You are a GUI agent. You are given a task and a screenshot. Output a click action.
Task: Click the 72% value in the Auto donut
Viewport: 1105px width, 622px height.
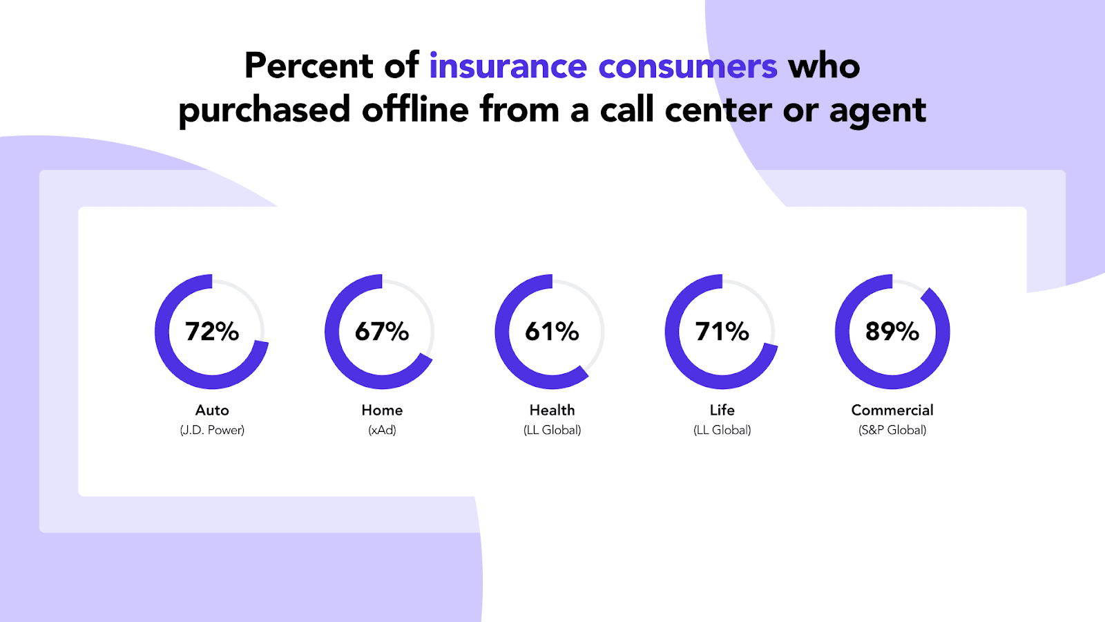[212, 331]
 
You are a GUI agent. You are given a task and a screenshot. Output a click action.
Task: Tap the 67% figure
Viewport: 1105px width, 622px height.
[382, 331]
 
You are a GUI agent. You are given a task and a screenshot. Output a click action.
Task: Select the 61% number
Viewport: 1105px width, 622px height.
[552, 331]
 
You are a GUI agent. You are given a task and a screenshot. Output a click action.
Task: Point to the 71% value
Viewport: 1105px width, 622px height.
[722, 331]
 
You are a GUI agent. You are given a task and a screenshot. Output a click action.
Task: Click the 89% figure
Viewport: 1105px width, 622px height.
[892, 331]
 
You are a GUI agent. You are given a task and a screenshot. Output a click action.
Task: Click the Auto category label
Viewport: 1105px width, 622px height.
[212, 411]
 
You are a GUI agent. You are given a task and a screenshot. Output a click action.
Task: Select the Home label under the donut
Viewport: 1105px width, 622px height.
[382, 411]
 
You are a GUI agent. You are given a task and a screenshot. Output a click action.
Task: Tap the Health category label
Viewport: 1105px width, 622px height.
[552, 411]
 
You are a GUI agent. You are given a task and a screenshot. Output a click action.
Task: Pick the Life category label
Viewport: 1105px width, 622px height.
[722, 411]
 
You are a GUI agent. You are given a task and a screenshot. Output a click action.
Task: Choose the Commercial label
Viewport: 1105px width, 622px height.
[892, 411]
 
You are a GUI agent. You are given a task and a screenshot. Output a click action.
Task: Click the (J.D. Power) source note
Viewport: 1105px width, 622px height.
[212, 431]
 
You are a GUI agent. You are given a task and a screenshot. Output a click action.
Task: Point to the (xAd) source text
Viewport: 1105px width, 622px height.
[382, 431]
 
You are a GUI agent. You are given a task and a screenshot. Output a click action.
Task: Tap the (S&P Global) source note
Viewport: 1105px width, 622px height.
[892, 431]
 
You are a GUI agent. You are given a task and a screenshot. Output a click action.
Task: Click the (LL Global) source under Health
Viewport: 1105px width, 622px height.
[552, 431]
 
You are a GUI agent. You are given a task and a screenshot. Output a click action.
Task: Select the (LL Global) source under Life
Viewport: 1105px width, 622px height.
[722, 431]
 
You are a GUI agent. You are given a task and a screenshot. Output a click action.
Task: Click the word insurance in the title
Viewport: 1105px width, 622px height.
[508, 66]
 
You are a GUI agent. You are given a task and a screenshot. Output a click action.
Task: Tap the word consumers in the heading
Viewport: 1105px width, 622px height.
[688, 66]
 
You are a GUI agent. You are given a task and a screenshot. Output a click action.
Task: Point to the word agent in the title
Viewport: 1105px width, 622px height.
[878, 111]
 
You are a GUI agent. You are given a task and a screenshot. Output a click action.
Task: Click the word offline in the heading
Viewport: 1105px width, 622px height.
[415, 109]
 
